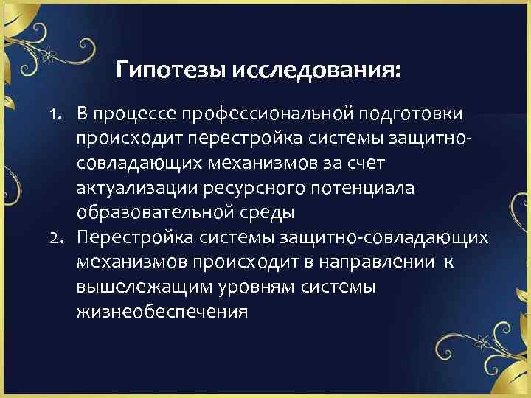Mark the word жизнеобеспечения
click(x=162, y=312)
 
